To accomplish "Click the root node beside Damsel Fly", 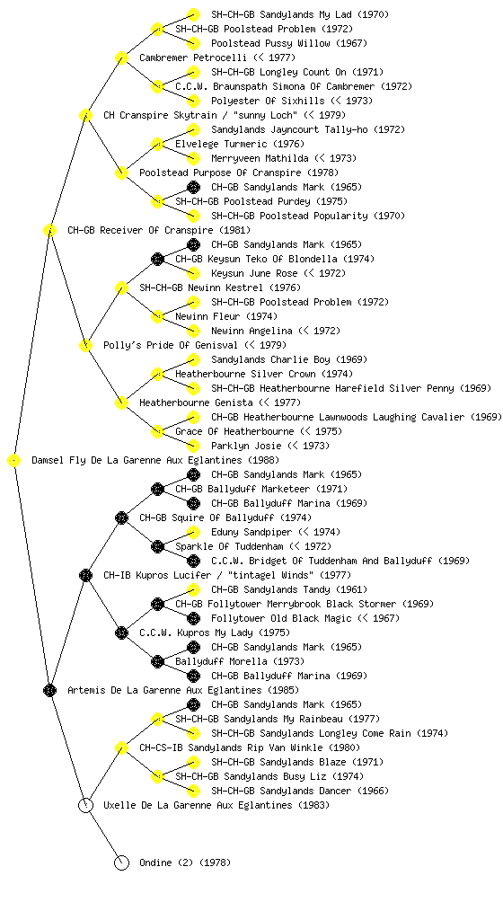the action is (13, 461).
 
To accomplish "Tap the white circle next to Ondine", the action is (121, 863).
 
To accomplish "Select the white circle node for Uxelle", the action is (85, 806).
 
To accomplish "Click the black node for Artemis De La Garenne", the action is (49, 691).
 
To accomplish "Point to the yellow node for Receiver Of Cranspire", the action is (49, 231).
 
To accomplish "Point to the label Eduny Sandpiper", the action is (251, 532).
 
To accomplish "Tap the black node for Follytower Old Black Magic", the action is (193, 618).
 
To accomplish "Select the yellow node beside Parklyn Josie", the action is (193, 446).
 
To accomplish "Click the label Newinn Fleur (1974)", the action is (226, 316).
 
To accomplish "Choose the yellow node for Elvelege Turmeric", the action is (157, 145).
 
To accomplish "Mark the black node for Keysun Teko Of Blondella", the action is (157, 260).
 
